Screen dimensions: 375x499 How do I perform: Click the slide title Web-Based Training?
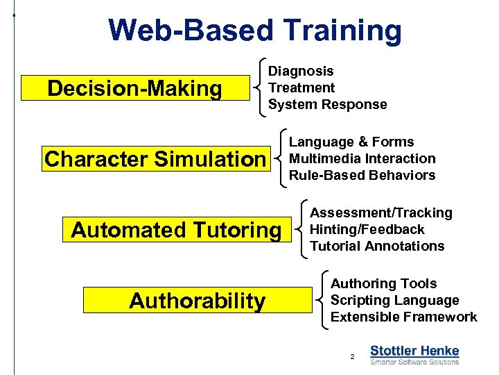tap(255, 31)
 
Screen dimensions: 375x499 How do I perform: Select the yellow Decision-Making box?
tap(134, 89)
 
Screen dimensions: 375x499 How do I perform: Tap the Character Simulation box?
tap(155, 159)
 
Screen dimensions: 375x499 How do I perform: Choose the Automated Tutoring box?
tap(176, 230)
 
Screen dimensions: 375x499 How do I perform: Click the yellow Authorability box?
tap(197, 301)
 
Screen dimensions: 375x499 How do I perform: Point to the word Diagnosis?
tap(301, 71)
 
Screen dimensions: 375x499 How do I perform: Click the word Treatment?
tap(301, 87)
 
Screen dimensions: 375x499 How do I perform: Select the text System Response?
tap(327, 104)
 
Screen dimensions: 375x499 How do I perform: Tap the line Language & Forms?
tap(351, 142)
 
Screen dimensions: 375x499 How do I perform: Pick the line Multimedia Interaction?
tap(362, 158)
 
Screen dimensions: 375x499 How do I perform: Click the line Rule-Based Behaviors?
tap(362, 175)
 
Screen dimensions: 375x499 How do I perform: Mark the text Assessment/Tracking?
tap(380, 212)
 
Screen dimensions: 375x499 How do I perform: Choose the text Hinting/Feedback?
tap(367, 229)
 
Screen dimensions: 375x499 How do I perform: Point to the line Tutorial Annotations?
tap(377, 246)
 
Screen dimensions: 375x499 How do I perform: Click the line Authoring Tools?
tap(383, 283)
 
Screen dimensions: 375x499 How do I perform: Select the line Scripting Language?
tap(394, 300)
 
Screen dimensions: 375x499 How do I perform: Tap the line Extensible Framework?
tap(403, 317)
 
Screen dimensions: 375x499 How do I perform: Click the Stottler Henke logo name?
tap(414, 351)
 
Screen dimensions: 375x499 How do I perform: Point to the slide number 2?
tap(352, 356)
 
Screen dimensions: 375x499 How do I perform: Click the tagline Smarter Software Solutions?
tap(414, 362)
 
